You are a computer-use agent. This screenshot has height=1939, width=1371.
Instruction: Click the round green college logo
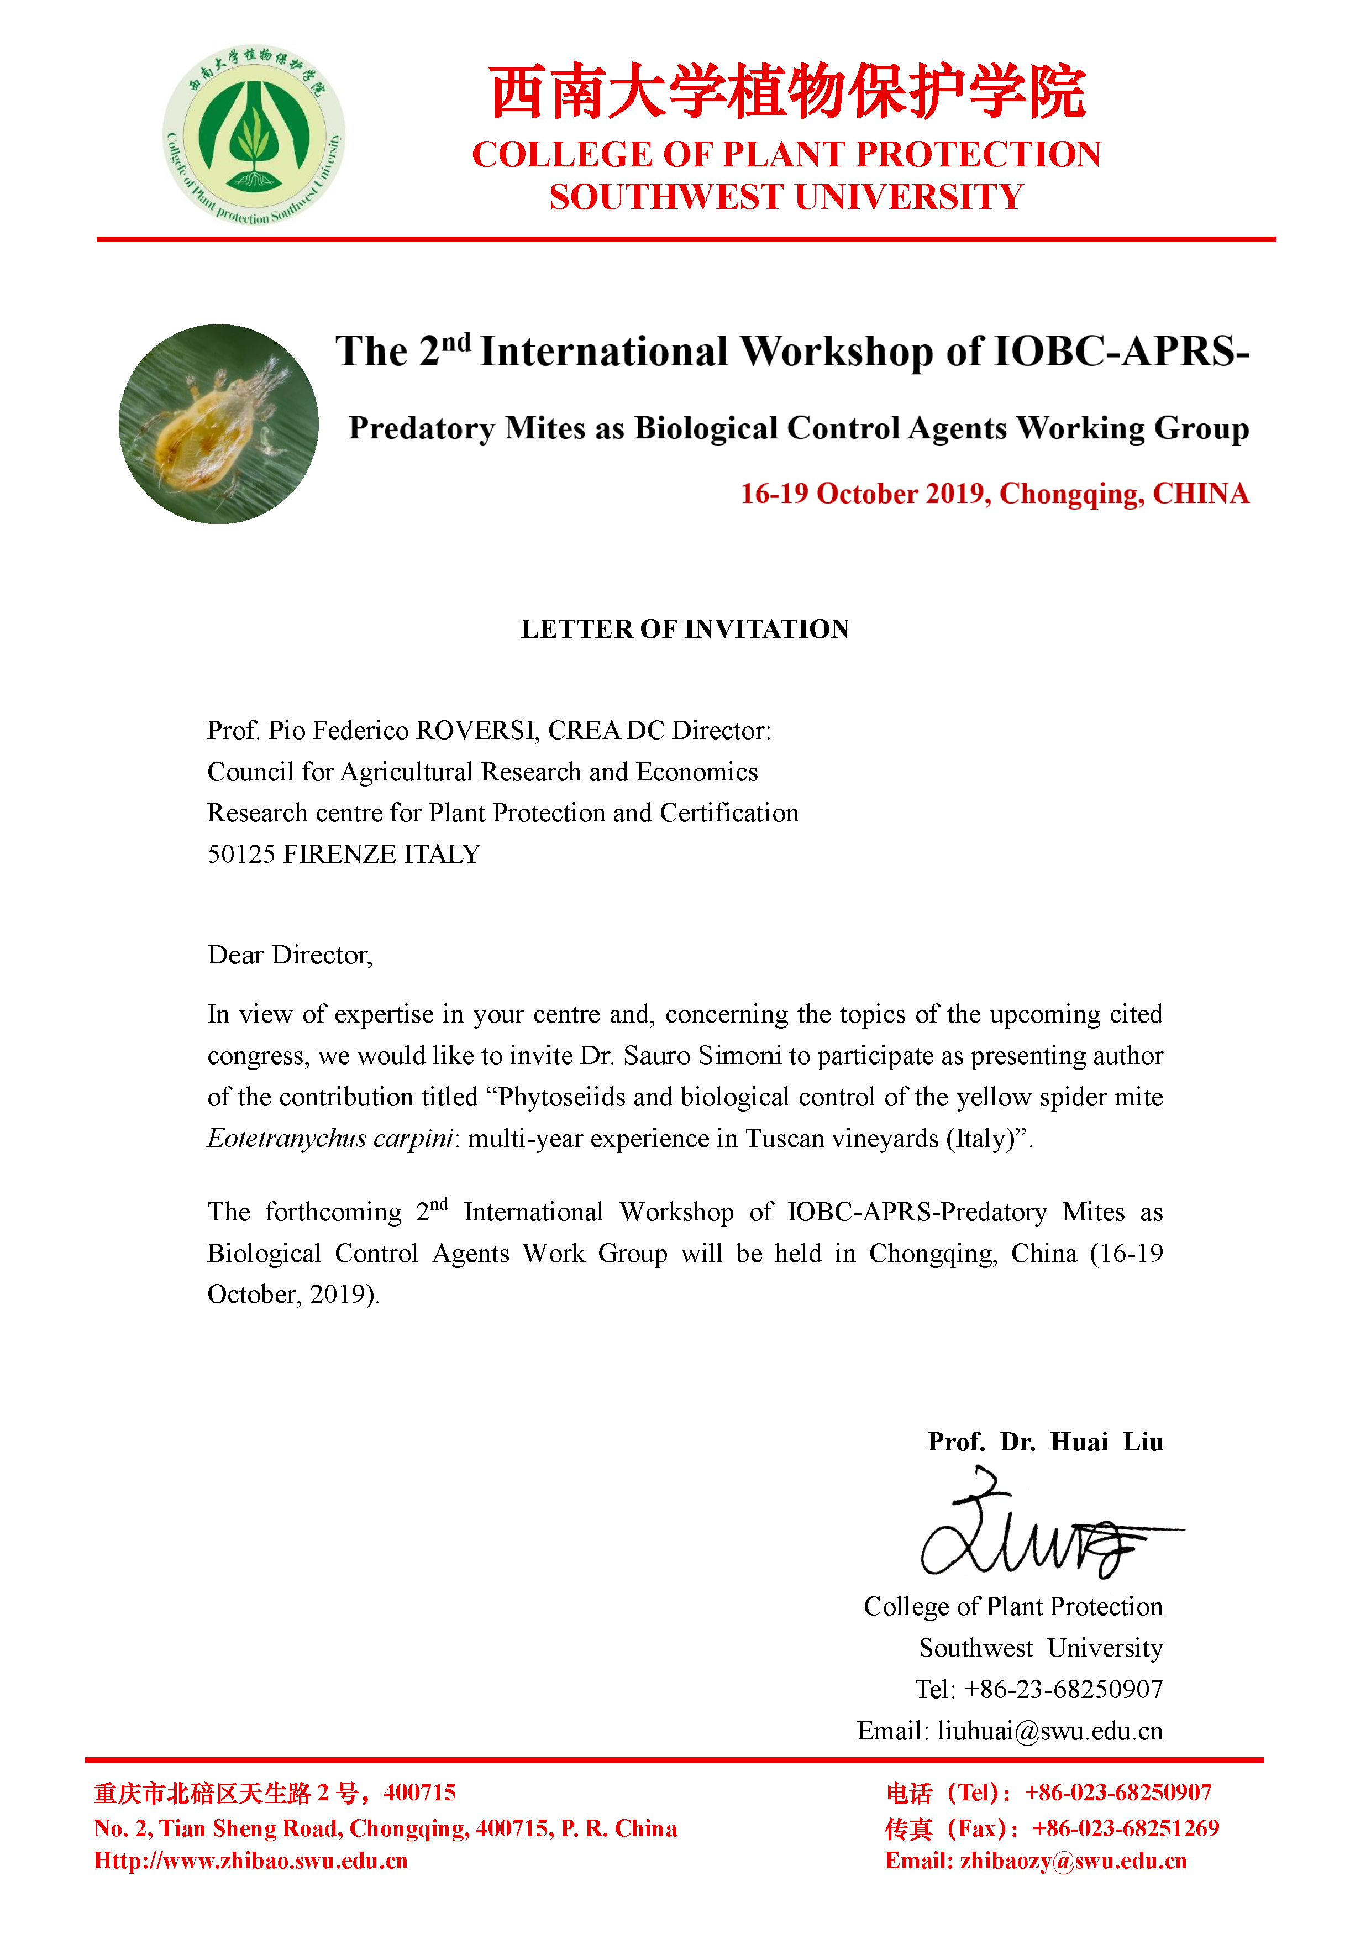253,135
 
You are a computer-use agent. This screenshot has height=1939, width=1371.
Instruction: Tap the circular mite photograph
219,424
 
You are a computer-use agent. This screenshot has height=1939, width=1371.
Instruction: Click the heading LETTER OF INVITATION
685,629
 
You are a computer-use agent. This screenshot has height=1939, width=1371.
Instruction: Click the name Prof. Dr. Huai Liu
1045,1442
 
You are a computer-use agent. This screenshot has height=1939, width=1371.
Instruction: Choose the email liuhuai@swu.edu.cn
1049,1731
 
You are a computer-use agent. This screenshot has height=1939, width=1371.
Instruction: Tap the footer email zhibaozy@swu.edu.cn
1073,1861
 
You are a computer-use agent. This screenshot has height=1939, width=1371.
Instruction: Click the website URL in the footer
251,1861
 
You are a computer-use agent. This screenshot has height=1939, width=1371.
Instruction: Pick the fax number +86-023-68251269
1125,1828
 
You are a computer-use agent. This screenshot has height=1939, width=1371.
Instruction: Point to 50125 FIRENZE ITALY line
344,855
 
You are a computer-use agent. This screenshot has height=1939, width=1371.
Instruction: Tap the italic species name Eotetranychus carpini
330,1139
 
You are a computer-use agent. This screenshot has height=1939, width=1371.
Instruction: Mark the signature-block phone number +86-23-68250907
1063,1689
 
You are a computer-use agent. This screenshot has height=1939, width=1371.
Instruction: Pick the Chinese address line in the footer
275,1793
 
